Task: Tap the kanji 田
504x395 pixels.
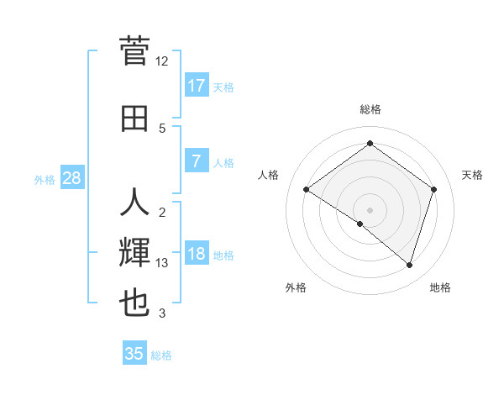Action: pyautogui.click(x=134, y=118)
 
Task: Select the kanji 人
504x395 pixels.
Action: pyautogui.click(x=134, y=203)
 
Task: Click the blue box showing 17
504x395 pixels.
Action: pyautogui.click(x=197, y=86)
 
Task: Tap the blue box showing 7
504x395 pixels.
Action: pyautogui.click(x=197, y=161)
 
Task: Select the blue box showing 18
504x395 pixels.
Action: pyautogui.click(x=197, y=254)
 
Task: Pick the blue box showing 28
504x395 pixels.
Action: pyautogui.click(x=71, y=178)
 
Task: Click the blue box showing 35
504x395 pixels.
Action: pyautogui.click(x=134, y=354)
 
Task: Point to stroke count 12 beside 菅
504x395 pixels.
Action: pyautogui.click(x=162, y=61)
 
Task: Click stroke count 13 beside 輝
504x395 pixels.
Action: pyautogui.click(x=162, y=263)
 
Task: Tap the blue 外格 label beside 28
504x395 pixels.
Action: pyautogui.click(x=45, y=179)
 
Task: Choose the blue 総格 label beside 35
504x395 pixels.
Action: pyautogui.click(x=161, y=355)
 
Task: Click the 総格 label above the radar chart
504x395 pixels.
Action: pyautogui.click(x=370, y=109)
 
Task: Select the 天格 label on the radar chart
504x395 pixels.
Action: pyautogui.click(x=472, y=175)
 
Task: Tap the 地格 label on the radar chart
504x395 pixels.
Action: pyautogui.click(x=440, y=287)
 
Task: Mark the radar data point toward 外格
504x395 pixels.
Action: pyautogui.click(x=360, y=224)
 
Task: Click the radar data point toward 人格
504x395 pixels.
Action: pyautogui.click(x=307, y=190)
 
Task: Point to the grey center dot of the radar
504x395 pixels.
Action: pyautogui.click(x=370, y=209)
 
